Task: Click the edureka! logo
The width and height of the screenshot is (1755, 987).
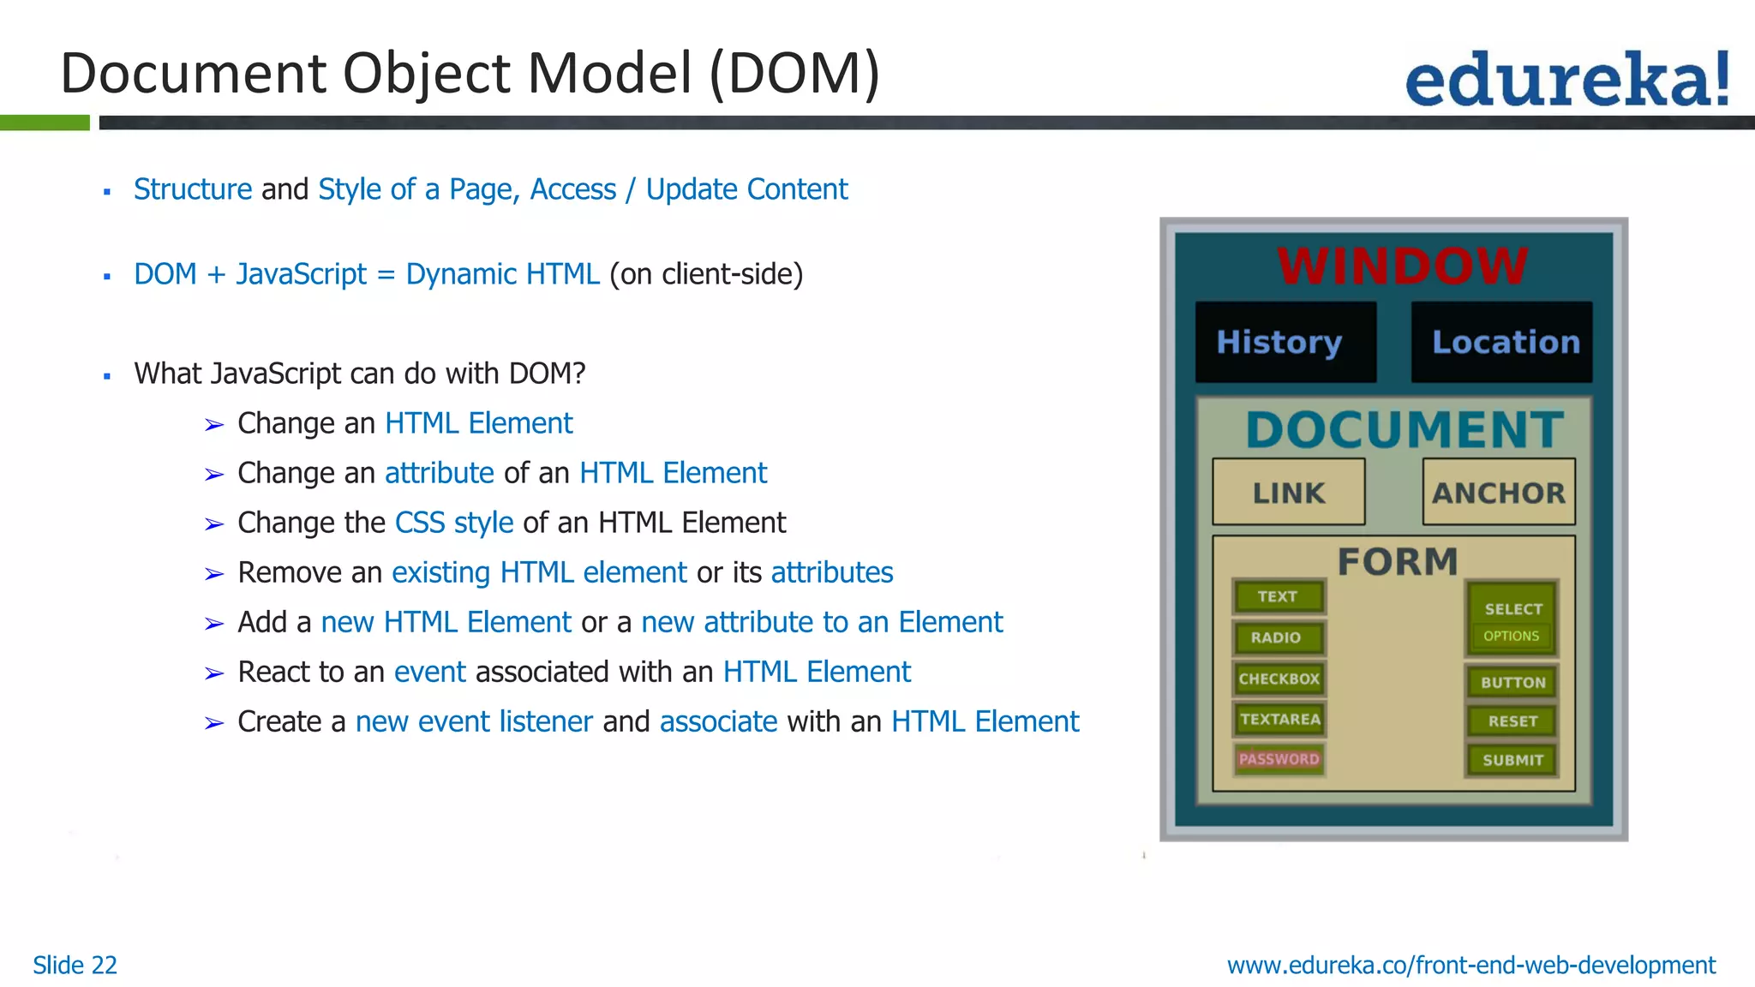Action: [x=1566, y=80]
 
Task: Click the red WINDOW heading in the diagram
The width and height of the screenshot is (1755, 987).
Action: [x=1402, y=266]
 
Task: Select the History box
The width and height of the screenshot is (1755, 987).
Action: [x=1285, y=342]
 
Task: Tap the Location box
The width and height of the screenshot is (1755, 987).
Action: [x=1502, y=342]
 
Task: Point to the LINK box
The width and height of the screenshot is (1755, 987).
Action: [x=1288, y=493]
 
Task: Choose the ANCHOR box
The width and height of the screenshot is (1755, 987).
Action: [x=1499, y=493]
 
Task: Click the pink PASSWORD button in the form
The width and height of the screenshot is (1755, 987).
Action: [x=1279, y=759]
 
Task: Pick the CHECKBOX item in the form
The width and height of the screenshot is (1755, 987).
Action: [x=1279, y=679]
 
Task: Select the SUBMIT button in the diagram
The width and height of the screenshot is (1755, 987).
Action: [x=1512, y=760]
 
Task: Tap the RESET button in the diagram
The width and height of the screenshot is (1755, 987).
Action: [x=1512, y=721]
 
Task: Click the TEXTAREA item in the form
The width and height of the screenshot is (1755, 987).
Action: [x=1279, y=720]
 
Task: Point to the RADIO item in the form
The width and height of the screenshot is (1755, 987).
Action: [x=1276, y=637]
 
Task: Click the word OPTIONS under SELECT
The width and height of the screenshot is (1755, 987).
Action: [x=1511, y=636]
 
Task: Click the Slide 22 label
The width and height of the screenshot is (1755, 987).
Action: [x=75, y=965]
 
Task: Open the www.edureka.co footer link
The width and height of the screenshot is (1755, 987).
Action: [x=1470, y=965]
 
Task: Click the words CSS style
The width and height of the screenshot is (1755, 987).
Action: [x=453, y=523]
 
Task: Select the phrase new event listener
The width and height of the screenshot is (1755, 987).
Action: [x=474, y=721]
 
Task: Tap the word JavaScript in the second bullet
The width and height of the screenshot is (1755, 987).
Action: [x=301, y=274]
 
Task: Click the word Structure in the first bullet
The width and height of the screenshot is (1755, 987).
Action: [x=193, y=189]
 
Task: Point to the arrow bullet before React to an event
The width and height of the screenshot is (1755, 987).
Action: [x=214, y=673]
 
